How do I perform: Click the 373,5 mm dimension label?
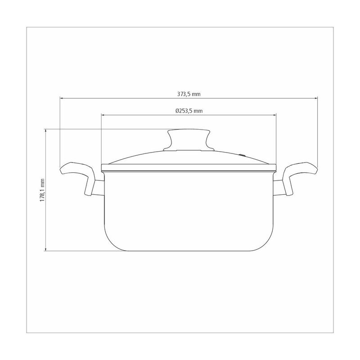tap(189, 94)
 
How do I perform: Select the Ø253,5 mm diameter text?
tap(189, 111)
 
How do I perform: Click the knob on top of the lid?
tap(189, 139)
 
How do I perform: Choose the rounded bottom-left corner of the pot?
tap(110, 243)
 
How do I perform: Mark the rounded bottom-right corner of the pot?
tap(267, 243)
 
